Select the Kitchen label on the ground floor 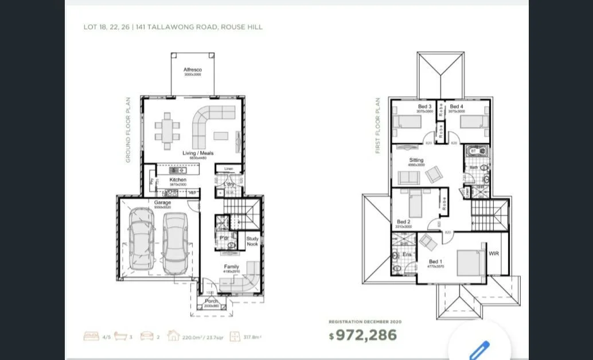[178, 180]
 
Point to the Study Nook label [252, 241]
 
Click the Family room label [232, 267]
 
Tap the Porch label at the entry [212, 302]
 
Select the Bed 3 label [425, 107]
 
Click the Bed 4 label [457, 107]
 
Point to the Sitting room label [416, 160]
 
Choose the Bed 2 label [404, 222]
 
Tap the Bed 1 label [435, 262]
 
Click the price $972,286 [362, 335]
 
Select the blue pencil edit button [479, 350]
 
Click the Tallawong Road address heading [173, 27]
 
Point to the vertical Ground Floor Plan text [128, 130]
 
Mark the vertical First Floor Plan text [379, 126]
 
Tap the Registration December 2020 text [365, 322]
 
